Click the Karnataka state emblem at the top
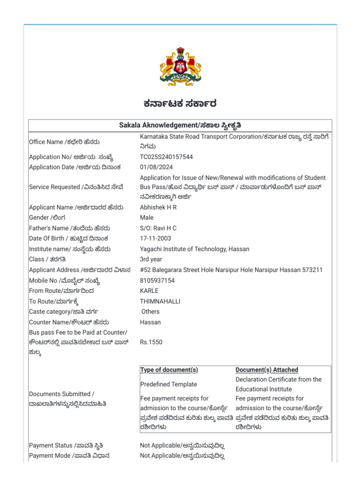pos(180,66)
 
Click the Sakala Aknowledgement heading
pos(180,126)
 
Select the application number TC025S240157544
pos(166,157)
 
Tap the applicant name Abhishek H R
pos(158,207)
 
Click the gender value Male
pos(147,217)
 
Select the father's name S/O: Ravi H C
pos(158,228)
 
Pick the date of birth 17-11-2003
pos(155,239)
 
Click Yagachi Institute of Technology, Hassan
pos(195,249)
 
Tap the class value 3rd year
pos(151,259)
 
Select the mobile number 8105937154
pos(157,280)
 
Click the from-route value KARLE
pos(149,291)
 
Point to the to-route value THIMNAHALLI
pos(160,301)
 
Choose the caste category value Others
pos(150,312)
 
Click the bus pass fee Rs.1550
pos(151,342)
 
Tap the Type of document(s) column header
pos(169,370)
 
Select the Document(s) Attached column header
pos(267,370)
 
